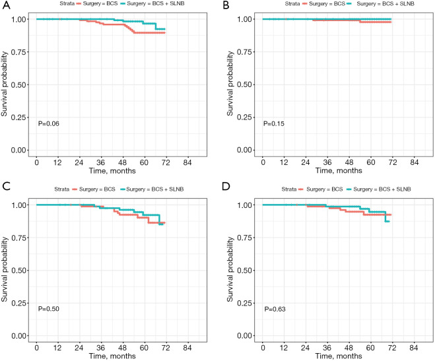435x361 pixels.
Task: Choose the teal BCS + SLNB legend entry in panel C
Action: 154,190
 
